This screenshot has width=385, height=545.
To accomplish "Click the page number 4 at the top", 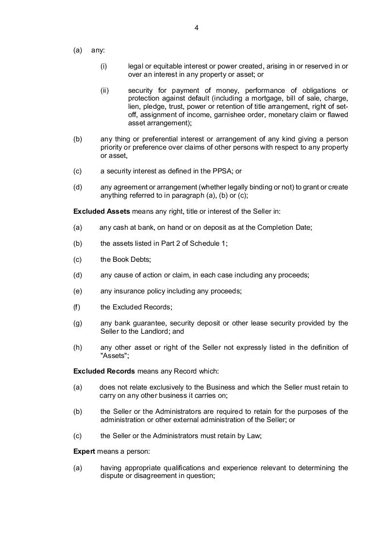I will (196, 28).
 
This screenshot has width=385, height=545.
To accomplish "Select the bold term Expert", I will (84, 451).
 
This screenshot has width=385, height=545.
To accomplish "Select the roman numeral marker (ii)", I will (104, 90).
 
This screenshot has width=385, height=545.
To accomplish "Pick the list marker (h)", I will (78, 347).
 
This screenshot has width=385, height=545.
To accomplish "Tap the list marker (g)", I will (78, 323).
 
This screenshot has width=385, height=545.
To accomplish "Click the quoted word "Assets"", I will (115, 355).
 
